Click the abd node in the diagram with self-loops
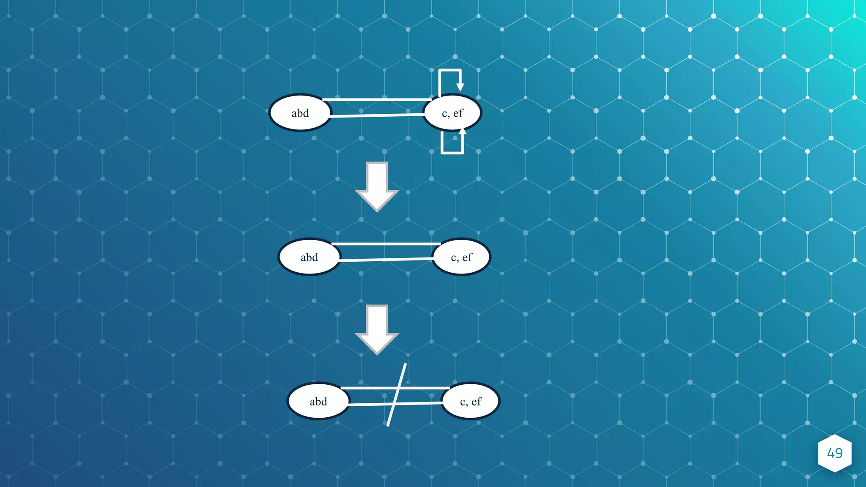[300, 113]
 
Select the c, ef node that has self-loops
[452, 113]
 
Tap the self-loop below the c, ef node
[452, 152]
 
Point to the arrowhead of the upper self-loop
[460, 87]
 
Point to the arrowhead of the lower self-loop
[462, 131]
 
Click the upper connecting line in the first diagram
[376, 100]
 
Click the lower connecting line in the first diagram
[376, 115]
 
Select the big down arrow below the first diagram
[377, 186]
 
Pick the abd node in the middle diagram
[309, 257]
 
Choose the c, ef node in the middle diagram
[461, 257]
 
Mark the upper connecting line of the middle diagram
[386, 244]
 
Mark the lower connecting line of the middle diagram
[386, 259]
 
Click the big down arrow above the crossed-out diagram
[377, 329]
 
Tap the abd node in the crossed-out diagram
[318, 401]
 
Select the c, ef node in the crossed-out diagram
[471, 401]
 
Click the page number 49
[835, 453]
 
